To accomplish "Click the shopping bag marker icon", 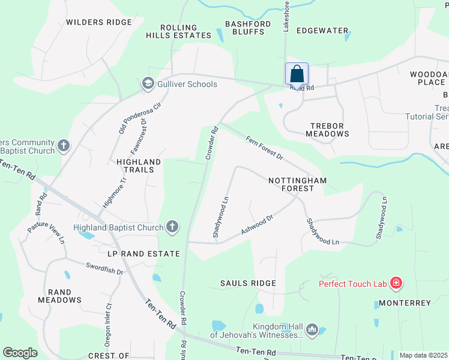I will (297, 74).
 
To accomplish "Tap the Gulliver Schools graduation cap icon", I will (148, 84).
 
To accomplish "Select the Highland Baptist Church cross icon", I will (172, 227).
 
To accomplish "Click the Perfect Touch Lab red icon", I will (396, 283).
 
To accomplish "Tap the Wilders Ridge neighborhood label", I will (98, 22).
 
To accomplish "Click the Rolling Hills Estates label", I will (178, 32).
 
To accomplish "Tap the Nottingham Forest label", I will (291, 184).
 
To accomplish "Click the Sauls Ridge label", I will (248, 283).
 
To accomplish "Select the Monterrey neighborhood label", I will (405, 303).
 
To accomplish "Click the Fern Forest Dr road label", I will (264, 148).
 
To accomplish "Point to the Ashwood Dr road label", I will (258, 224).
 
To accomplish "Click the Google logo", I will (20, 353).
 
